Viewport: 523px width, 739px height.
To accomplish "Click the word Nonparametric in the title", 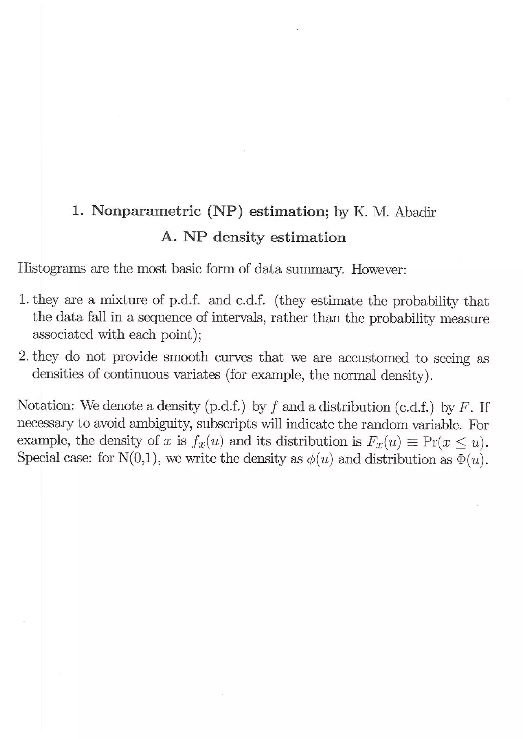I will coord(146,211).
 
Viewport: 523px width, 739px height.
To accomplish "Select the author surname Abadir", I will coord(415,212).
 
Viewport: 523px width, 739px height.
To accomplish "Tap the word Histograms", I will coord(52,268).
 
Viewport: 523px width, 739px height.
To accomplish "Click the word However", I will coord(378,269).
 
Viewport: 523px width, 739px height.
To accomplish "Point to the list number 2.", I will coord(23,356).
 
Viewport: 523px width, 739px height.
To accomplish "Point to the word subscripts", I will coord(227,424).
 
